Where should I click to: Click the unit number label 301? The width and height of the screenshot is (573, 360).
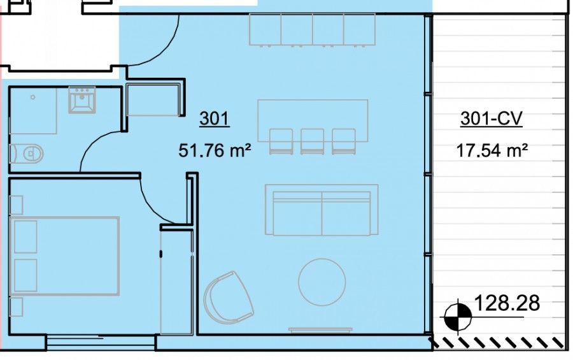[x=214, y=119]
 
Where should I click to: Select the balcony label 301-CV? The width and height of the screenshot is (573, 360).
[x=491, y=119]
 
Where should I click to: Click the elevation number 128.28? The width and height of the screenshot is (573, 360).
[x=507, y=303]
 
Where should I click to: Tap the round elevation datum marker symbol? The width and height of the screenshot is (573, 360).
[x=458, y=315]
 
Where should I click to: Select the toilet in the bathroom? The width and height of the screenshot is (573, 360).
[x=28, y=153]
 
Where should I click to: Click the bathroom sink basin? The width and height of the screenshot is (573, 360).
[x=81, y=101]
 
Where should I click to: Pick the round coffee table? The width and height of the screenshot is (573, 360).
[x=322, y=281]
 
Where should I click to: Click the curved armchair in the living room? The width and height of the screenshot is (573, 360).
[x=228, y=296]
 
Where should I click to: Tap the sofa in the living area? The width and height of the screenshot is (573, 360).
[x=322, y=210]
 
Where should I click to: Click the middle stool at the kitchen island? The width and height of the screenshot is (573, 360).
[x=312, y=141]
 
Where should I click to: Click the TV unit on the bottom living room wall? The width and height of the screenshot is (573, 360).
[x=321, y=329]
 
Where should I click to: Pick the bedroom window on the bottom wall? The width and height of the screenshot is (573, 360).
[x=101, y=343]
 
